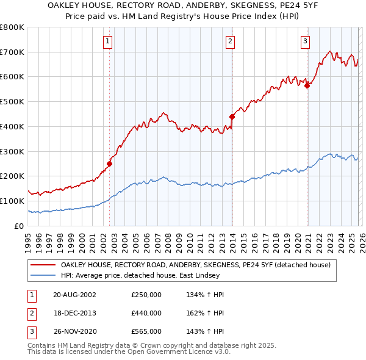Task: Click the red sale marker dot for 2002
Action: (110, 163)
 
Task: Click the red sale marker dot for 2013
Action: (232, 116)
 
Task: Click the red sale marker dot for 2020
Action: (307, 85)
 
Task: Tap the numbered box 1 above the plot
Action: (107, 41)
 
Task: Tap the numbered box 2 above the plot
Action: (230, 41)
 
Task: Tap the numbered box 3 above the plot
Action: (304, 41)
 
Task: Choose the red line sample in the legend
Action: (44, 265)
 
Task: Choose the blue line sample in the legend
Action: (44, 276)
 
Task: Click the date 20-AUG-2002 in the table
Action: (74, 295)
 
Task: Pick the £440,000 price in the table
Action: (146, 313)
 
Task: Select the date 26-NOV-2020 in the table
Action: (74, 331)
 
